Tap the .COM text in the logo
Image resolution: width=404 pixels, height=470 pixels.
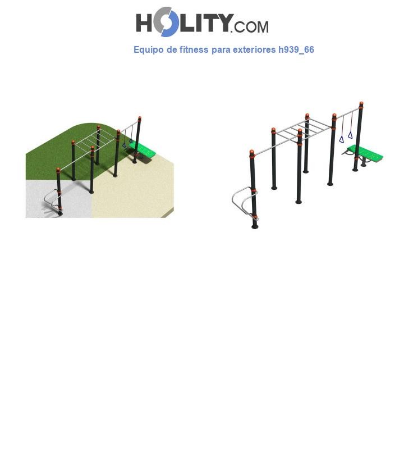click(x=249, y=27)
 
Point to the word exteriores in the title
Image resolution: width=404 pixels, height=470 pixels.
click(x=254, y=49)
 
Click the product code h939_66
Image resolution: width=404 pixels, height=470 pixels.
click(x=296, y=50)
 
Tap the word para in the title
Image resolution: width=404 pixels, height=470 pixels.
click(x=221, y=51)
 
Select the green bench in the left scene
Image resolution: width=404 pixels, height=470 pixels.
click(x=143, y=149)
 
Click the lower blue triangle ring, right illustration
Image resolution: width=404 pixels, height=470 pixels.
click(x=341, y=139)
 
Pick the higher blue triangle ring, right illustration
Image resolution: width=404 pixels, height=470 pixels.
click(x=350, y=135)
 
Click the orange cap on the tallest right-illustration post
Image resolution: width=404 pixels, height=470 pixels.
click(x=361, y=104)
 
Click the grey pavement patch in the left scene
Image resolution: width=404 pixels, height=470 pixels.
click(x=59, y=199)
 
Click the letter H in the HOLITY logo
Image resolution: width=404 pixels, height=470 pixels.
click(x=144, y=23)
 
